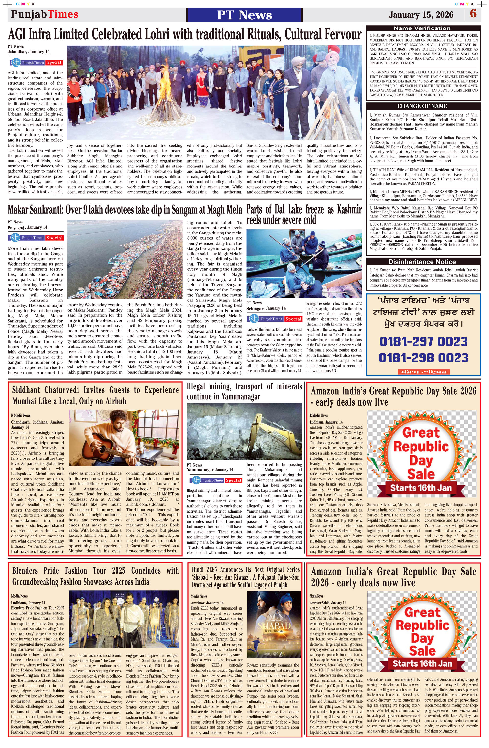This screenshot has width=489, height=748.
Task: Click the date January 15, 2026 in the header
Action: (421, 15)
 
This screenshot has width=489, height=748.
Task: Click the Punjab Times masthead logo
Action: (45, 14)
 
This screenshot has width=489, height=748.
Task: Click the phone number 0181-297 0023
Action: (423, 342)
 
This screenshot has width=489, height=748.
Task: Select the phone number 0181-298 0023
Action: (423, 358)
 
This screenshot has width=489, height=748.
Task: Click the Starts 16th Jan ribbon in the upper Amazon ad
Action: (421, 488)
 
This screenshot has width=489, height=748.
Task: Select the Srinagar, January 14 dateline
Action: (266, 308)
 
